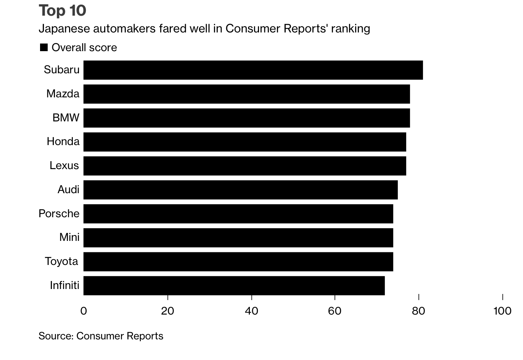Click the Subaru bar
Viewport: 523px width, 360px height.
click(253, 70)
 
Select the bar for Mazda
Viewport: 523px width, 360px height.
click(246, 94)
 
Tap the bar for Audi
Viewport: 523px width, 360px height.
click(240, 190)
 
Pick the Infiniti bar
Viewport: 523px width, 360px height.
click(234, 286)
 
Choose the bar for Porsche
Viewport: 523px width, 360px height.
click(238, 214)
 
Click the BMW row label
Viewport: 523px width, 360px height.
click(66, 118)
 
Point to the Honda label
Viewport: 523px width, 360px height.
click(63, 142)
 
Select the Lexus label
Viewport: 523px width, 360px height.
click(64, 166)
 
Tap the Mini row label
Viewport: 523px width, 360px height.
click(69, 237)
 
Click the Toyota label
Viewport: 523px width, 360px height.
click(61, 262)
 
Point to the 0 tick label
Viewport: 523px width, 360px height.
click(84, 311)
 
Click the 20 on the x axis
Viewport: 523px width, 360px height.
click(167, 311)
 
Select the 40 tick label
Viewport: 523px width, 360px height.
click(251, 311)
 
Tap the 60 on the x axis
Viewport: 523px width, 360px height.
click(335, 311)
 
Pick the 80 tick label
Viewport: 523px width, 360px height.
click(418, 311)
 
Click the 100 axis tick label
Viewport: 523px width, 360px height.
click(502, 311)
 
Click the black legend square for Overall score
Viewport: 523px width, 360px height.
click(44, 48)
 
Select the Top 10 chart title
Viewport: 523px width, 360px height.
click(63, 11)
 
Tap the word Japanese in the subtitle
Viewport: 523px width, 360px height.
click(63, 29)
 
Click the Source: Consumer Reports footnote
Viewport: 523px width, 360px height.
click(101, 336)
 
